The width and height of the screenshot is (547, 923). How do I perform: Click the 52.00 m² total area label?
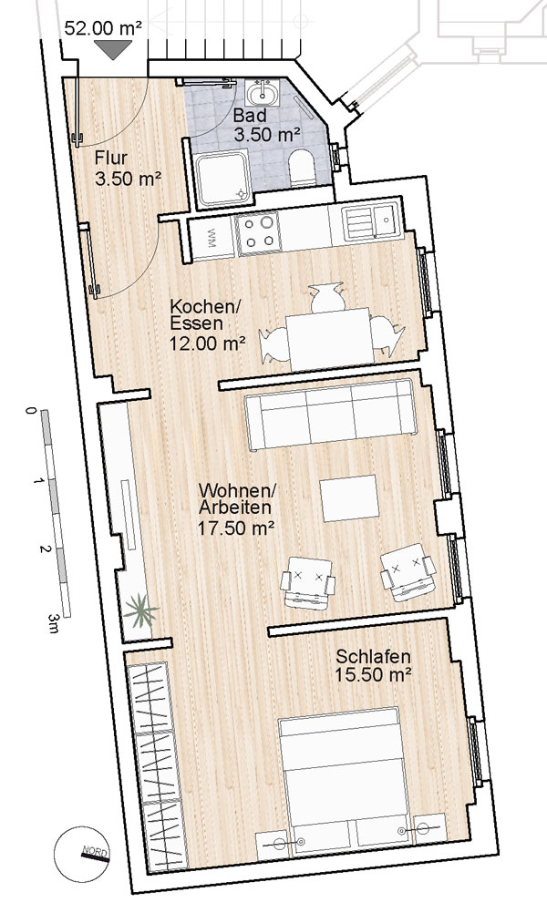(103, 28)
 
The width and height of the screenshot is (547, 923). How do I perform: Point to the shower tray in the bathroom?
(222, 179)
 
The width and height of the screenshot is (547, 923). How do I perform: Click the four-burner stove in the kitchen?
(258, 231)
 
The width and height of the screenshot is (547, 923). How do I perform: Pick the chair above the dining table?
(328, 297)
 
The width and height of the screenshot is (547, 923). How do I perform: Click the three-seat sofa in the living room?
(331, 415)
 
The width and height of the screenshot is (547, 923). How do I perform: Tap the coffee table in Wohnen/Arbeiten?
(349, 498)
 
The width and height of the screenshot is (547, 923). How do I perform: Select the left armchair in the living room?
(307, 581)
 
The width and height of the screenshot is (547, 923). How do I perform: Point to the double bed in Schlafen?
(345, 779)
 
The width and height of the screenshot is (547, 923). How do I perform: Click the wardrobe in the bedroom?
(155, 766)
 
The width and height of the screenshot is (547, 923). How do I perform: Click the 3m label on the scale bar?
(54, 623)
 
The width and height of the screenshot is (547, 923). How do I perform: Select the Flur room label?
(110, 159)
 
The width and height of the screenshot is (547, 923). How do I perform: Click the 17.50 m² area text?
(236, 528)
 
